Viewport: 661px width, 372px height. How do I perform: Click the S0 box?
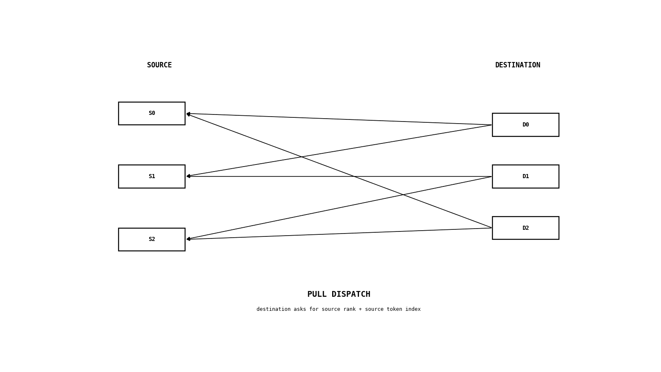[x=152, y=113]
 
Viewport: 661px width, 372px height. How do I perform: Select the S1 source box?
[x=152, y=176]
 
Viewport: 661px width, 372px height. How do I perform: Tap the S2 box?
[x=152, y=239]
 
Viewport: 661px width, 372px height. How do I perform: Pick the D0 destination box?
[x=525, y=124]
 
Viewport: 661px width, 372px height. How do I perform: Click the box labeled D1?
[x=525, y=176]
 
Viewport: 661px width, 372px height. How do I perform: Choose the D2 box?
[x=525, y=228]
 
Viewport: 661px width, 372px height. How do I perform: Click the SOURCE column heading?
[x=159, y=65]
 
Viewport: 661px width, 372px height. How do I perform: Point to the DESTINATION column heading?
[x=518, y=65]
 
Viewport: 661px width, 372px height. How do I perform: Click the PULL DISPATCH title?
[x=339, y=294]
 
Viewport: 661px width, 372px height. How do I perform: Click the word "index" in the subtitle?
[x=413, y=309]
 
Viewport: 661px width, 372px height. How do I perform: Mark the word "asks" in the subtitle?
[x=300, y=309]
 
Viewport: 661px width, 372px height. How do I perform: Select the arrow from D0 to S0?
[x=339, y=119]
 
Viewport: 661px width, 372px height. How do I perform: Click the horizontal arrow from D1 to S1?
[x=339, y=176]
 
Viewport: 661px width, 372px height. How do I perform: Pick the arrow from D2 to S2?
[x=339, y=234]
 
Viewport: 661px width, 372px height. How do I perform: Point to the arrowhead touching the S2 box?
[x=188, y=239]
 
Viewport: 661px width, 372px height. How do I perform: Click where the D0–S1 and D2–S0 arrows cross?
[x=301, y=157]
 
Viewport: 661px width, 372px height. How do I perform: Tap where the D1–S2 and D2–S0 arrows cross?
[x=403, y=195]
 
